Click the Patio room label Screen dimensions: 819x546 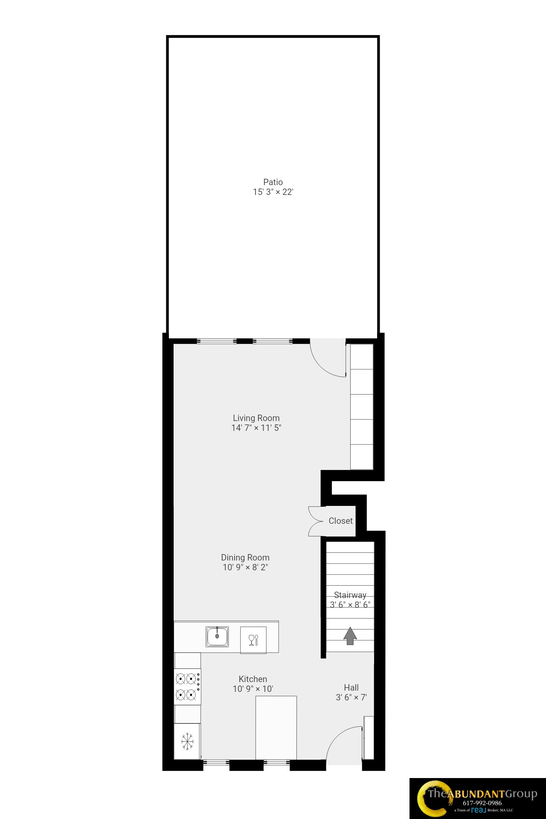[x=273, y=182]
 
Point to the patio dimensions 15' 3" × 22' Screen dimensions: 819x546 [x=273, y=192]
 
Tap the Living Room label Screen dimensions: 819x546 [x=256, y=418]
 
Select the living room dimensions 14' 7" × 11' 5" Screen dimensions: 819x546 [x=256, y=428]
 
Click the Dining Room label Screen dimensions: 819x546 [x=245, y=558]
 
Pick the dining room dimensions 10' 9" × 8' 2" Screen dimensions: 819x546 [x=245, y=567]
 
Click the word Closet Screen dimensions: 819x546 [x=340, y=521]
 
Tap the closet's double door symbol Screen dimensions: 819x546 [x=316, y=521]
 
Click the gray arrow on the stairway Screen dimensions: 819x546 [x=350, y=636]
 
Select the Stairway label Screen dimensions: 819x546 [x=350, y=595]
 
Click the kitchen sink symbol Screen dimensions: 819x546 [x=217, y=636]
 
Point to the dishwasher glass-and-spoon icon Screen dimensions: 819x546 [x=253, y=640]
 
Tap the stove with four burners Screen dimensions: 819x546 [x=187, y=686]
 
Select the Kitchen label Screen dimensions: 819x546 [x=253, y=679]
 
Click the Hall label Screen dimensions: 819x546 [x=351, y=688]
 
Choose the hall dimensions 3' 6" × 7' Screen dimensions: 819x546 [x=351, y=697]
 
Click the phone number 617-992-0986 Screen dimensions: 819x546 [x=482, y=803]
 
